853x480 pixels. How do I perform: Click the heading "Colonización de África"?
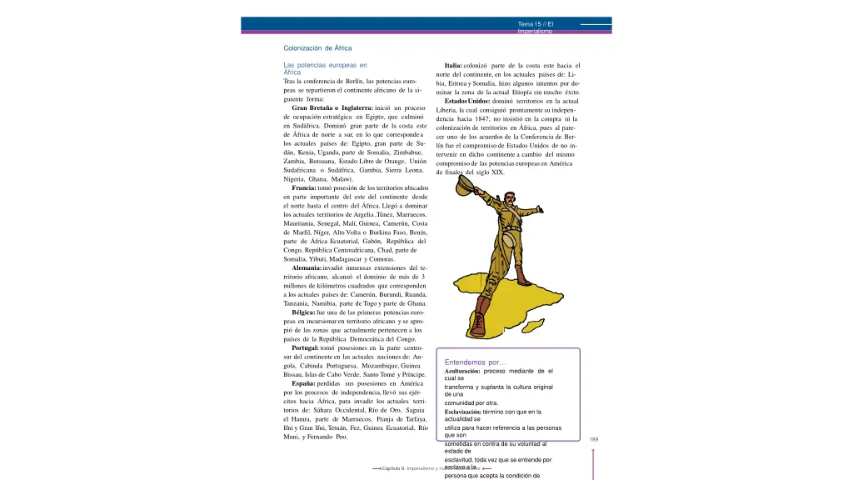point(317,48)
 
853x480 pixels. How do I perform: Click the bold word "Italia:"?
point(459,66)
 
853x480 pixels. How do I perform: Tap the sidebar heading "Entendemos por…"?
point(476,362)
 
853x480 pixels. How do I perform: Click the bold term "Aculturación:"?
point(462,371)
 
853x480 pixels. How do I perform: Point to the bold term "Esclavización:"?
point(463,412)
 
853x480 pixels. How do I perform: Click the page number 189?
point(594,440)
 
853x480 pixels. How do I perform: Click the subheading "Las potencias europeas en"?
point(325,65)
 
